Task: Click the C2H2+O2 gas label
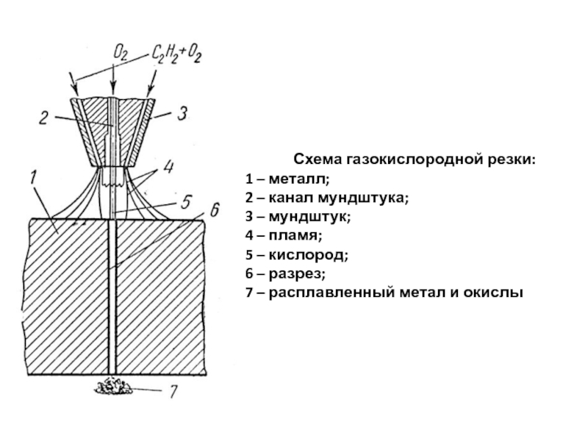click(177, 53)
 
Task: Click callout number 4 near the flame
click(170, 166)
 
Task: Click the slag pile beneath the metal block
click(111, 384)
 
